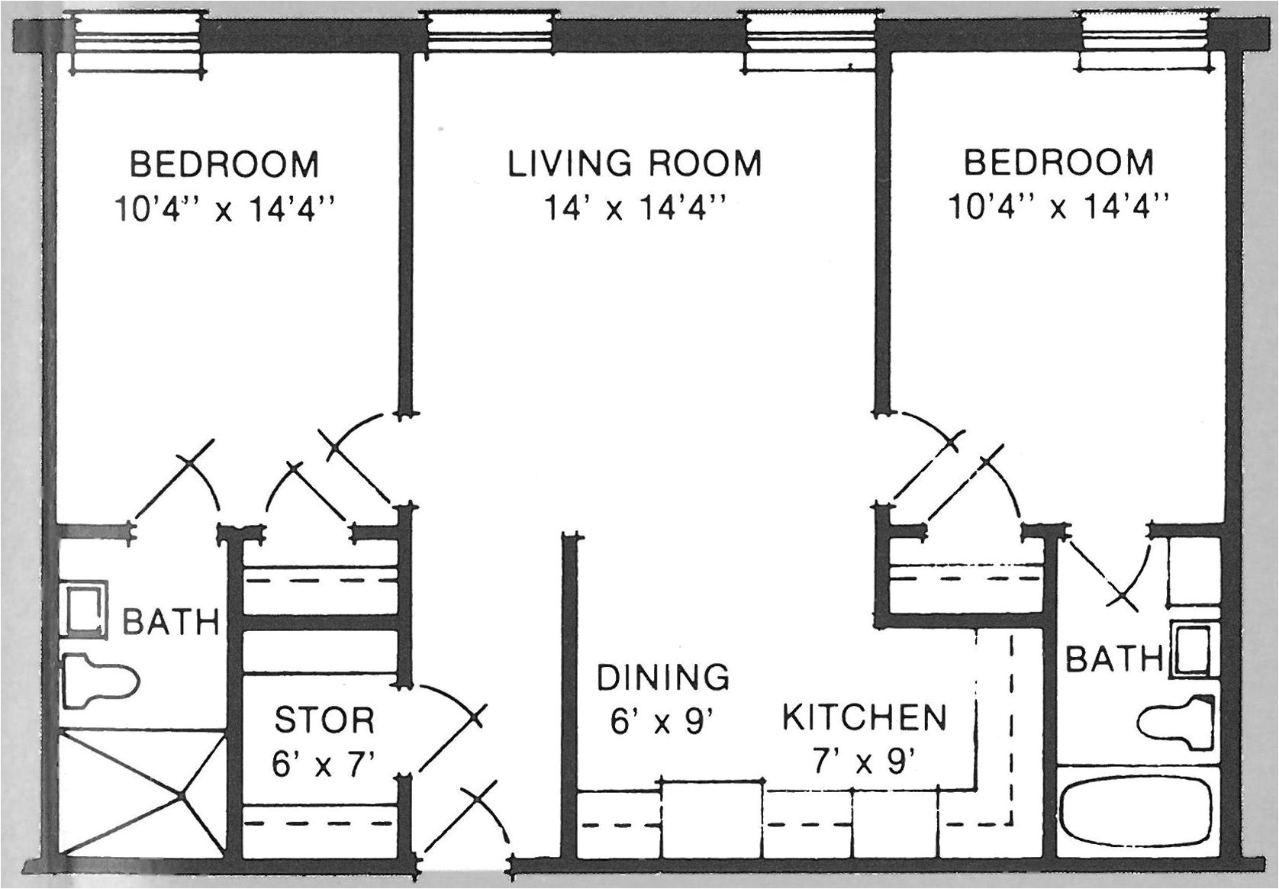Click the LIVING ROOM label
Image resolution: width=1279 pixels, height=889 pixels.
click(x=634, y=163)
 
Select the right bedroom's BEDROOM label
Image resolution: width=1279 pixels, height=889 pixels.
click(x=1058, y=163)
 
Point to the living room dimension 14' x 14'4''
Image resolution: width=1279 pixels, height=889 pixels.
click(x=634, y=208)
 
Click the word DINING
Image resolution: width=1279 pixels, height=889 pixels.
click(x=662, y=677)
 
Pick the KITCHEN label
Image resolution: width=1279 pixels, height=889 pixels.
click(x=864, y=717)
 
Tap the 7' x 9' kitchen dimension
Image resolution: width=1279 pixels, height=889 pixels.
click(x=864, y=762)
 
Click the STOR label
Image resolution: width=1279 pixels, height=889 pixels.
click(x=324, y=720)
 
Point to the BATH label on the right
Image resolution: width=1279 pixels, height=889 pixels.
click(x=1112, y=659)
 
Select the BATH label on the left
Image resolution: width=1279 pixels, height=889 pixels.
click(x=171, y=623)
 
